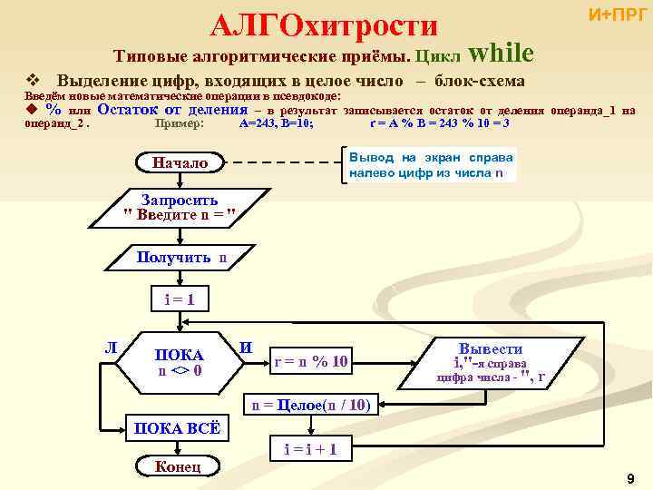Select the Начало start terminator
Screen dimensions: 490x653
(x=180, y=163)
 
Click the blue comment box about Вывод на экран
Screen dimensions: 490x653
(x=432, y=164)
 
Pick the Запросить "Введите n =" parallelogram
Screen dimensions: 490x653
(x=180, y=208)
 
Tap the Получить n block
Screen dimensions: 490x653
(x=180, y=259)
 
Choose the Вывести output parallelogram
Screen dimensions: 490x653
(x=491, y=362)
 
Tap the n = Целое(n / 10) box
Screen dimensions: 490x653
(x=310, y=405)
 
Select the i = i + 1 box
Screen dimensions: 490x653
(x=310, y=447)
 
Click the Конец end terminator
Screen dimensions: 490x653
(x=178, y=466)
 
